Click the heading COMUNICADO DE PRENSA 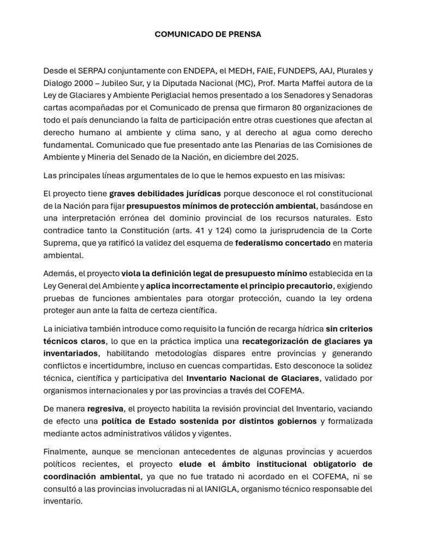point(208,34)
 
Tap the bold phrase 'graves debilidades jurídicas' point(165,193)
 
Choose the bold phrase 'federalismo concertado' point(283,242)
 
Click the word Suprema point(60,242)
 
